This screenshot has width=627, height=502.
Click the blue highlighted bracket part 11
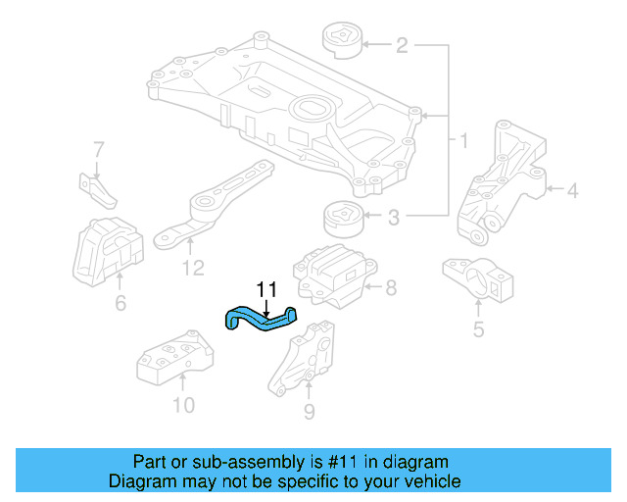[260, 319]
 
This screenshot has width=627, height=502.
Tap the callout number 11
[266, 289]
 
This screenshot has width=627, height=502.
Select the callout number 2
[402, 44]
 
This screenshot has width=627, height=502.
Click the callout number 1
[463, 142]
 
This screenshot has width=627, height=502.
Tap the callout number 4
[572, 190]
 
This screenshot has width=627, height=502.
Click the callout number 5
[478, 328]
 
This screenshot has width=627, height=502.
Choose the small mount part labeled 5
[478, 281]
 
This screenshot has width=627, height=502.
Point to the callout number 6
[121, 304]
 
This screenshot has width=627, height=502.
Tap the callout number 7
[98, 149]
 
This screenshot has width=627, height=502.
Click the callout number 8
[390, 288]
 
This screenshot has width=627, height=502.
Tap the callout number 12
[193, 268]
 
